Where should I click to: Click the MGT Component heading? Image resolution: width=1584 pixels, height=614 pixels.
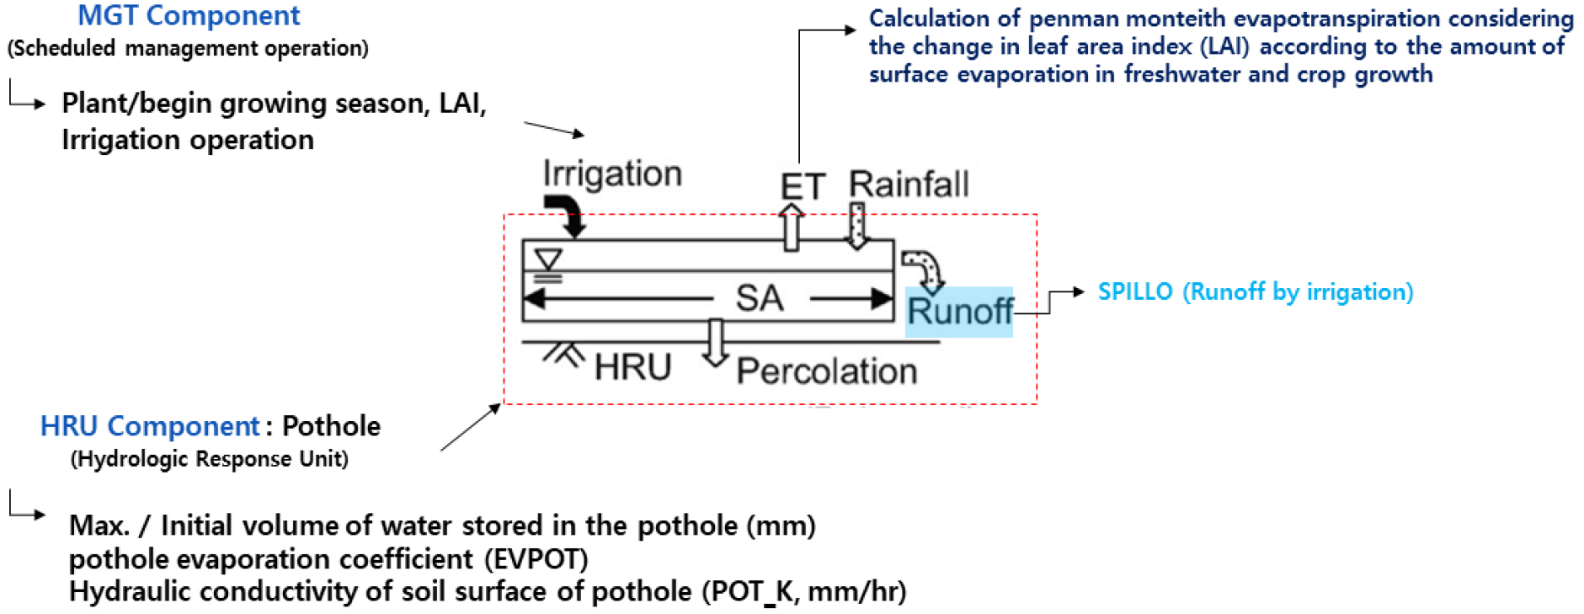click(189, 16)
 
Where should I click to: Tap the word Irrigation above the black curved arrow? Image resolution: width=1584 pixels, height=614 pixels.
click(612, 174)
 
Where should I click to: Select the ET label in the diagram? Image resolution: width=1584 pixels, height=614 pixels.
click(803, 186)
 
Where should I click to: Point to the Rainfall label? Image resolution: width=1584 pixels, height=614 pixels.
click(909, 184)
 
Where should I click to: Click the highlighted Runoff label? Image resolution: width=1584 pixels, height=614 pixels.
click(959, 312)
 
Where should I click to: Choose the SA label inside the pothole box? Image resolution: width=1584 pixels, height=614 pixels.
click(760, 298)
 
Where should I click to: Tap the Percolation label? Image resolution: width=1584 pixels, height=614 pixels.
click(826, 371)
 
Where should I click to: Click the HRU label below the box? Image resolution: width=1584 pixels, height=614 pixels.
click(632, 367)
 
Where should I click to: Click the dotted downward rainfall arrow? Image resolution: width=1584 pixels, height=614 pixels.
click(857, 225)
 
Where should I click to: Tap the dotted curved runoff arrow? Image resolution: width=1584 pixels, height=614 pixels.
click(924, 269)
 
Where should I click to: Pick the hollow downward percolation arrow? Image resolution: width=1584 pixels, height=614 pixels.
click(715, 342)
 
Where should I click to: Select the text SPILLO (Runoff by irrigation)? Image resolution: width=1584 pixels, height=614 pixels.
click(1255, 292)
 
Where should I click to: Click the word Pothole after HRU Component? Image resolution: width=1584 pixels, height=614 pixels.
click(331, 426)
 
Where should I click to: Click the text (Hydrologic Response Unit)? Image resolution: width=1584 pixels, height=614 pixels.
click(209, 459)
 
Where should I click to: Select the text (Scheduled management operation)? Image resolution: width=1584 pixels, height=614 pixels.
click(188, 48)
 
